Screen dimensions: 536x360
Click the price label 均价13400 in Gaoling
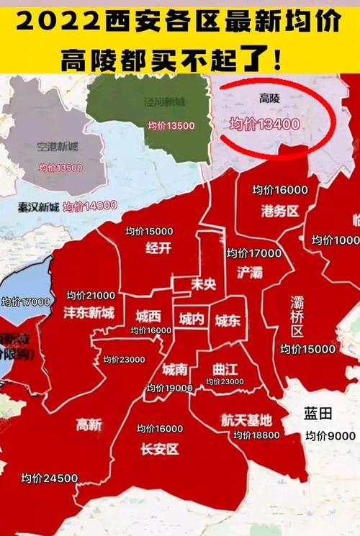[264, 124]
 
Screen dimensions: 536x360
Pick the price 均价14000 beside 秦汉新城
[90, 206]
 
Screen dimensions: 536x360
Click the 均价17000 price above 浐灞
[253, 253]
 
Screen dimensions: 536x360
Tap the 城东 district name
[228, 321]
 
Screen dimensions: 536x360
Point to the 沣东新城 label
[89, 314]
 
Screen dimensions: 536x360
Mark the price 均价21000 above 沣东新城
[91, 296]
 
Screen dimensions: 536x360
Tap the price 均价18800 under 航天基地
[256, 435]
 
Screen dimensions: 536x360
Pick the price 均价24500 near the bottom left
[49, 478]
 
